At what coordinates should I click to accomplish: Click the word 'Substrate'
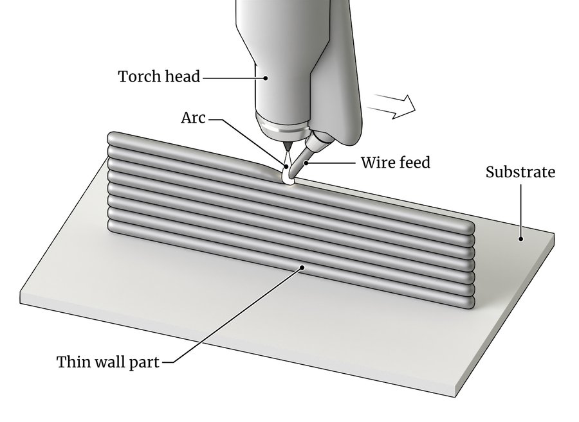tap(520, 172)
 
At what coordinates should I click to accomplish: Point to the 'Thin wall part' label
tap(107, 362)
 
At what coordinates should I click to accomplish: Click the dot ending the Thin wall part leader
tap(300, 266)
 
